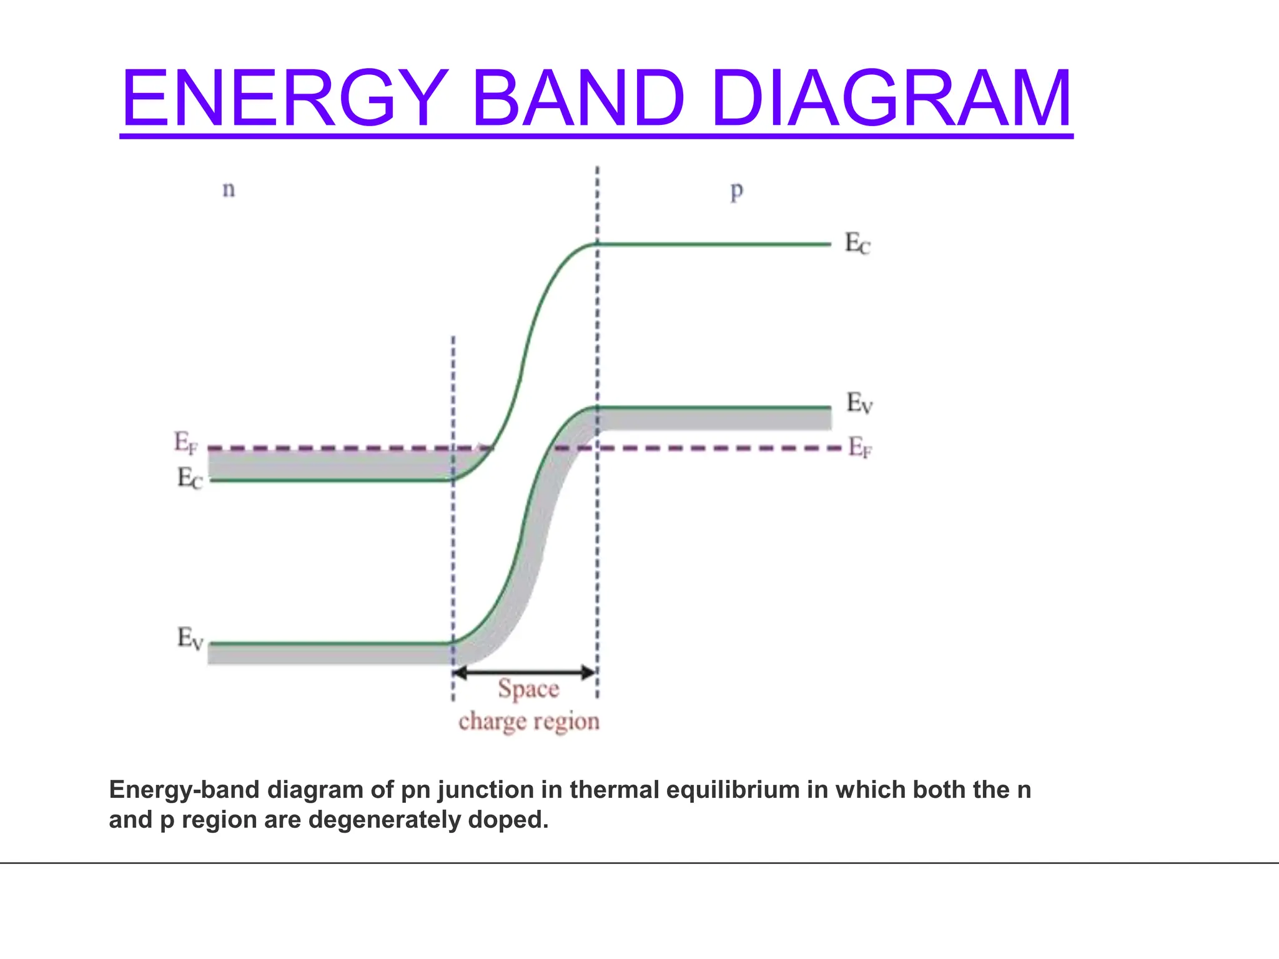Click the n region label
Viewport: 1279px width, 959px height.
tap(229, 189)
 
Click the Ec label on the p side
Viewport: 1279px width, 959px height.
tap(857, 243)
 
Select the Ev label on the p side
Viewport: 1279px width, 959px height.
tap(859, 403)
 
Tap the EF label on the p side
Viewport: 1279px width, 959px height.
tap(859, 448)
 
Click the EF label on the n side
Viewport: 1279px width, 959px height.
tap(185, 443)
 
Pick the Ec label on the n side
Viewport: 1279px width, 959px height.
tap(189, 479)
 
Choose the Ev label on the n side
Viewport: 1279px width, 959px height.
tap(190, 639)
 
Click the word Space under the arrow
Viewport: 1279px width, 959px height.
tap(528, 689)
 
